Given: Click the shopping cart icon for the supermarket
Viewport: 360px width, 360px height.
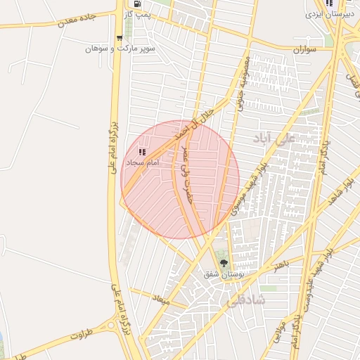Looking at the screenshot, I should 119,38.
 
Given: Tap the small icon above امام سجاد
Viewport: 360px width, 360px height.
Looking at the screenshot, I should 142,151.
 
